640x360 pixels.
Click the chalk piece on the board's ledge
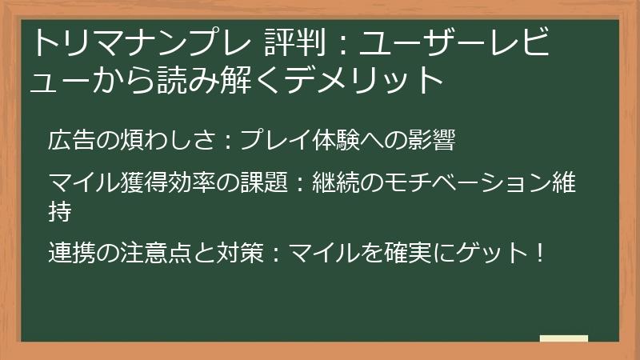(x=564, y=338)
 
